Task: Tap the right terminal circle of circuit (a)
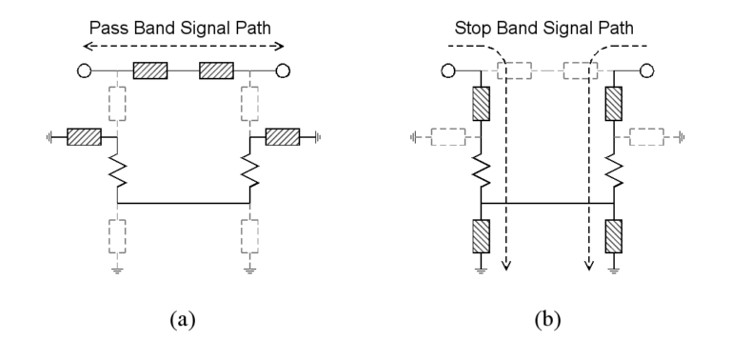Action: click(x=283, y=70)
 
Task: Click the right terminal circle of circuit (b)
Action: click(x=647, y=70)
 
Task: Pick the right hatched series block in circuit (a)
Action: click(x=216, y=70)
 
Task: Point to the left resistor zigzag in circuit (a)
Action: click(x=116, y=171)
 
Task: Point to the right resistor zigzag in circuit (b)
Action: click(x=614, y=171)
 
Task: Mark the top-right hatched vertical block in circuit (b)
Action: click(x=614, y=103)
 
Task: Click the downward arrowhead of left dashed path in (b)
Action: click(x=507, y=266)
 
